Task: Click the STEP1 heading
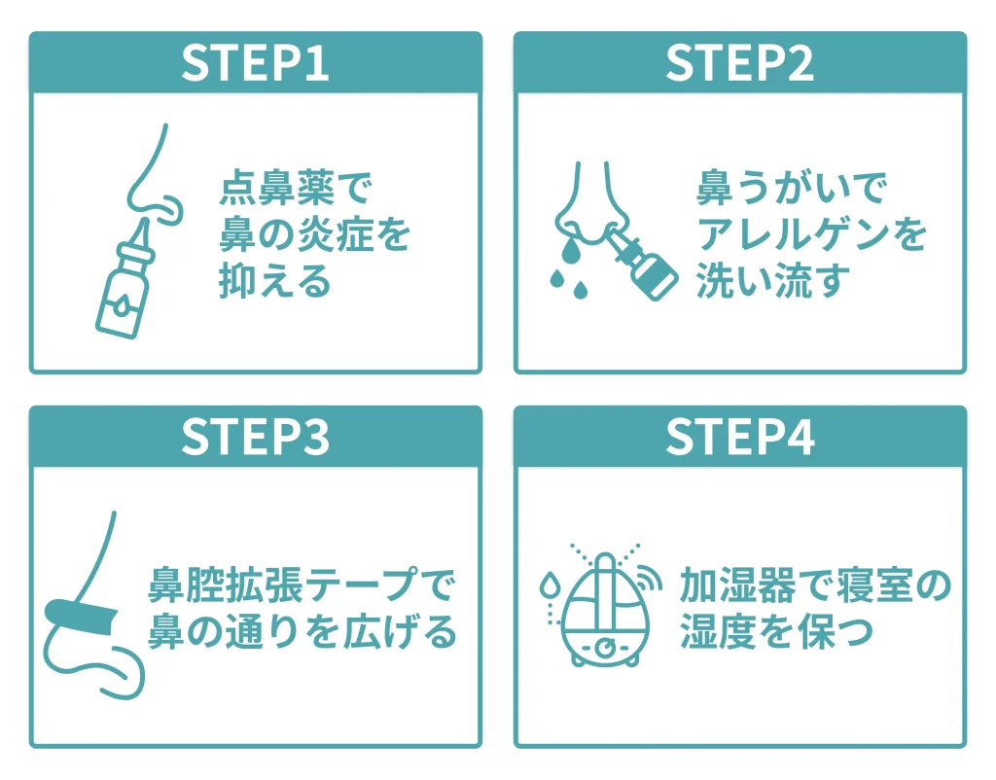(255, 63)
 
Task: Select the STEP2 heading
(739, 63)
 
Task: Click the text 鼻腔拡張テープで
(302, 586)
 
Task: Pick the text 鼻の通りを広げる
(302, 633)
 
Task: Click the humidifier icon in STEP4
(606, 610)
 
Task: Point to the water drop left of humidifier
(551, 586)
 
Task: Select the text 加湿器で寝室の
(814, 586)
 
